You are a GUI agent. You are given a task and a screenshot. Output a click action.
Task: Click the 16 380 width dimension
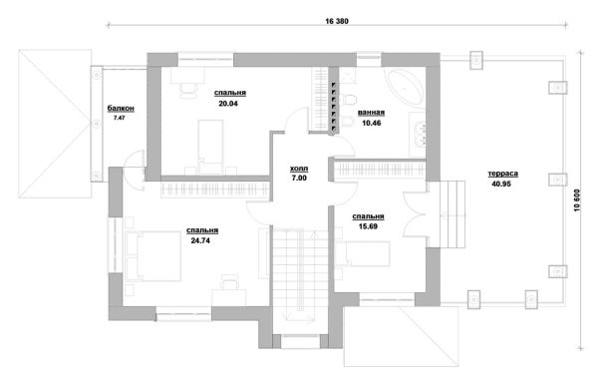coord(337,21)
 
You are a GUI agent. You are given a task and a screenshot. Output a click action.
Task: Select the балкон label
coord(121,109)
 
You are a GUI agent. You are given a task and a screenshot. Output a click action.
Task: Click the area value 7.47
coord(120,118)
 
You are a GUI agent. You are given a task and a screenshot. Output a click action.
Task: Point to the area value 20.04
coord(228,103)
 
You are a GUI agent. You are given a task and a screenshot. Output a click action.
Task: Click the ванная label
coord(371,113)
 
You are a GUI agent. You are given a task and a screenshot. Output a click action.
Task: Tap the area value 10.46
coord(372,123)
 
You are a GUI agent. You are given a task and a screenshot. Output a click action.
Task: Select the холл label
coord(299,169)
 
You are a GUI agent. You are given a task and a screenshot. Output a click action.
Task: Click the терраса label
coord(503,174)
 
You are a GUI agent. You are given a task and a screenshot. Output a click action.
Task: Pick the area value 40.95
coord(501,184)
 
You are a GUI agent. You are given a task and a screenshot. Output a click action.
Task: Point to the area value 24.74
coord(200,240)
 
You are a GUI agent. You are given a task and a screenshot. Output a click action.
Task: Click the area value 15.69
coord(368,226)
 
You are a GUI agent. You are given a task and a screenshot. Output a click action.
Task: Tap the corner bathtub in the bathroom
coord(406,87)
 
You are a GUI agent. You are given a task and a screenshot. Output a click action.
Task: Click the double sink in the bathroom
coord(420,134)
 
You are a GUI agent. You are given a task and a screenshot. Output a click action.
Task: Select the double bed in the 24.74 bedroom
coord(153,256)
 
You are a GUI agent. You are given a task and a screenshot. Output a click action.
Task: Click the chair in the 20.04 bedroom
coord(189,91)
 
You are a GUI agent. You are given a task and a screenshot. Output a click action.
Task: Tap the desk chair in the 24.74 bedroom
coord(229,281)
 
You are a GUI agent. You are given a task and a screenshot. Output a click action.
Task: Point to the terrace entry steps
coord(452,214)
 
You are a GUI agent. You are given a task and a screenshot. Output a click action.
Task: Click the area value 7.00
coord(299,179)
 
